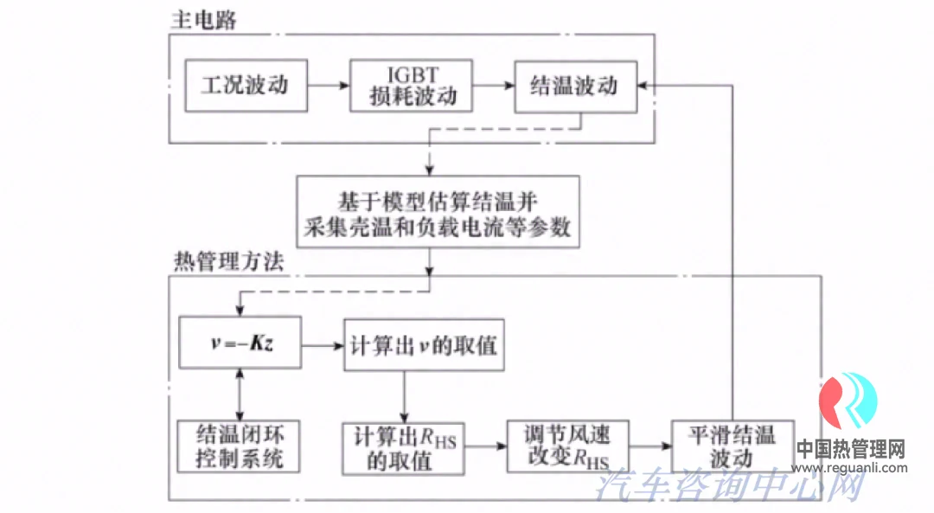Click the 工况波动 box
[246, 86]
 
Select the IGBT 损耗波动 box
[412, 86]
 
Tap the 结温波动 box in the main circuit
[575, 86]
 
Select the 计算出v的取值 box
[423, 345]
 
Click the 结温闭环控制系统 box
[239, 446]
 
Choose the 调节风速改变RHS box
[568, 446]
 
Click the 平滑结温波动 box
[732, 446]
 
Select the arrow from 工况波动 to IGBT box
[329, 86]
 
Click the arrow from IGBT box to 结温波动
[493, 86]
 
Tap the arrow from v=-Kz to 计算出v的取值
[322, 345]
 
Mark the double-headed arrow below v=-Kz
[240, 394]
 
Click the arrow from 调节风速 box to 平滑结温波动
[652, 446]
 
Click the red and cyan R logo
[848, 404]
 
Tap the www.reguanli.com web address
[850, 468]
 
